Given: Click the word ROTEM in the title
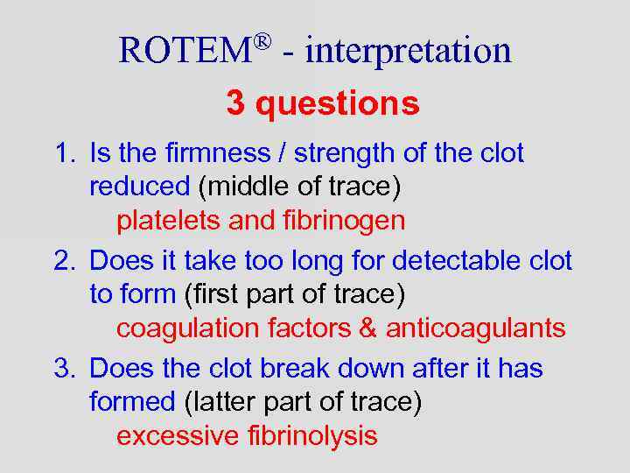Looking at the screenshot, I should click(x=185, y=50).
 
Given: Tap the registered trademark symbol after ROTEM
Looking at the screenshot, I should click(x=263, y=40).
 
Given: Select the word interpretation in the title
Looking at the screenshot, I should click(x=409, y=50).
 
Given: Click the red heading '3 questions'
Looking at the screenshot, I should click(x=323, y=103).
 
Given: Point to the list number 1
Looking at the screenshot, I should click(x=62, y=153).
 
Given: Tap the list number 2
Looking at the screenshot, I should click(x=62, y=261).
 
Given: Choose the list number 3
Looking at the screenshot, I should click(x=62, y=369).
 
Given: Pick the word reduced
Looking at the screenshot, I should click(x=139, y=187).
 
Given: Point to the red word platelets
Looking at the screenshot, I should click(x=169, y=221).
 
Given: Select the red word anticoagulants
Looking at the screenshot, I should click(x=476, y=329).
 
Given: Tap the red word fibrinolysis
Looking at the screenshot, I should click(x=311, y=435).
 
